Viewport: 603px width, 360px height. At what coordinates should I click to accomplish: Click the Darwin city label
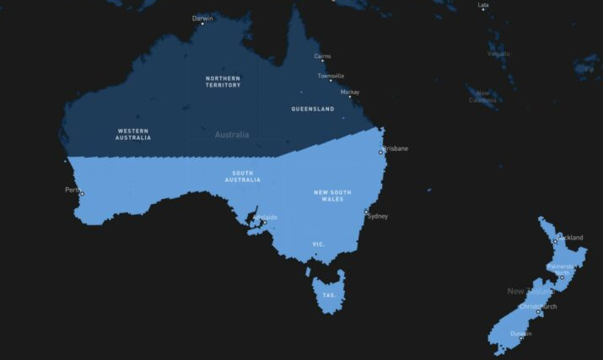point(202,17)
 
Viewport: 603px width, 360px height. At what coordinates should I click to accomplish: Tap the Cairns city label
point(322,56)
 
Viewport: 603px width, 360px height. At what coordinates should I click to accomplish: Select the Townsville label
point(331,76)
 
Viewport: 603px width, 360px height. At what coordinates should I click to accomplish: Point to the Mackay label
point(350,92)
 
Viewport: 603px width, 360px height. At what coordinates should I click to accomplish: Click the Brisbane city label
point(396,148)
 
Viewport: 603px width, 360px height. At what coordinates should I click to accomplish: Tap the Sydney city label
point(378,216)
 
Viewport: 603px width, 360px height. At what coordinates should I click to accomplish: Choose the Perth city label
point(73,190)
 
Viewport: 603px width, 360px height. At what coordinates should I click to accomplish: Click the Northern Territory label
point(223,82)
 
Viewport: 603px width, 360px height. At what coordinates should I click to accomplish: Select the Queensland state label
point(312,109)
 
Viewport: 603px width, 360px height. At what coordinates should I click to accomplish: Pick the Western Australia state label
point(133,133)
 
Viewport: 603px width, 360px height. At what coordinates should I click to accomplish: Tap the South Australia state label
point(242,176)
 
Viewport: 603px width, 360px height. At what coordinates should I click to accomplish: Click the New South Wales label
point(332,196)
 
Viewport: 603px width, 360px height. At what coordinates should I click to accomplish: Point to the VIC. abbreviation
point(319,244)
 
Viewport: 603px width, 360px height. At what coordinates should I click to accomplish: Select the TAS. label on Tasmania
point(329,295)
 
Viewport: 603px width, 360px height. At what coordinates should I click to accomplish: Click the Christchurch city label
point(538,306)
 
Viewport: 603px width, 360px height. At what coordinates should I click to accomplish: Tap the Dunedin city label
point(521,333)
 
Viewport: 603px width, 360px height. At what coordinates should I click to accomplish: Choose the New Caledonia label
point(482,96)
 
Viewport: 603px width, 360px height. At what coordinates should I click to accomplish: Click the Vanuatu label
point(498,54)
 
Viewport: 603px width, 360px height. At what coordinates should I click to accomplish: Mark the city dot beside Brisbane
point(381,153)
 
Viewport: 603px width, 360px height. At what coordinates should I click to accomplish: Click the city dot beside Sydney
point(366,212)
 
